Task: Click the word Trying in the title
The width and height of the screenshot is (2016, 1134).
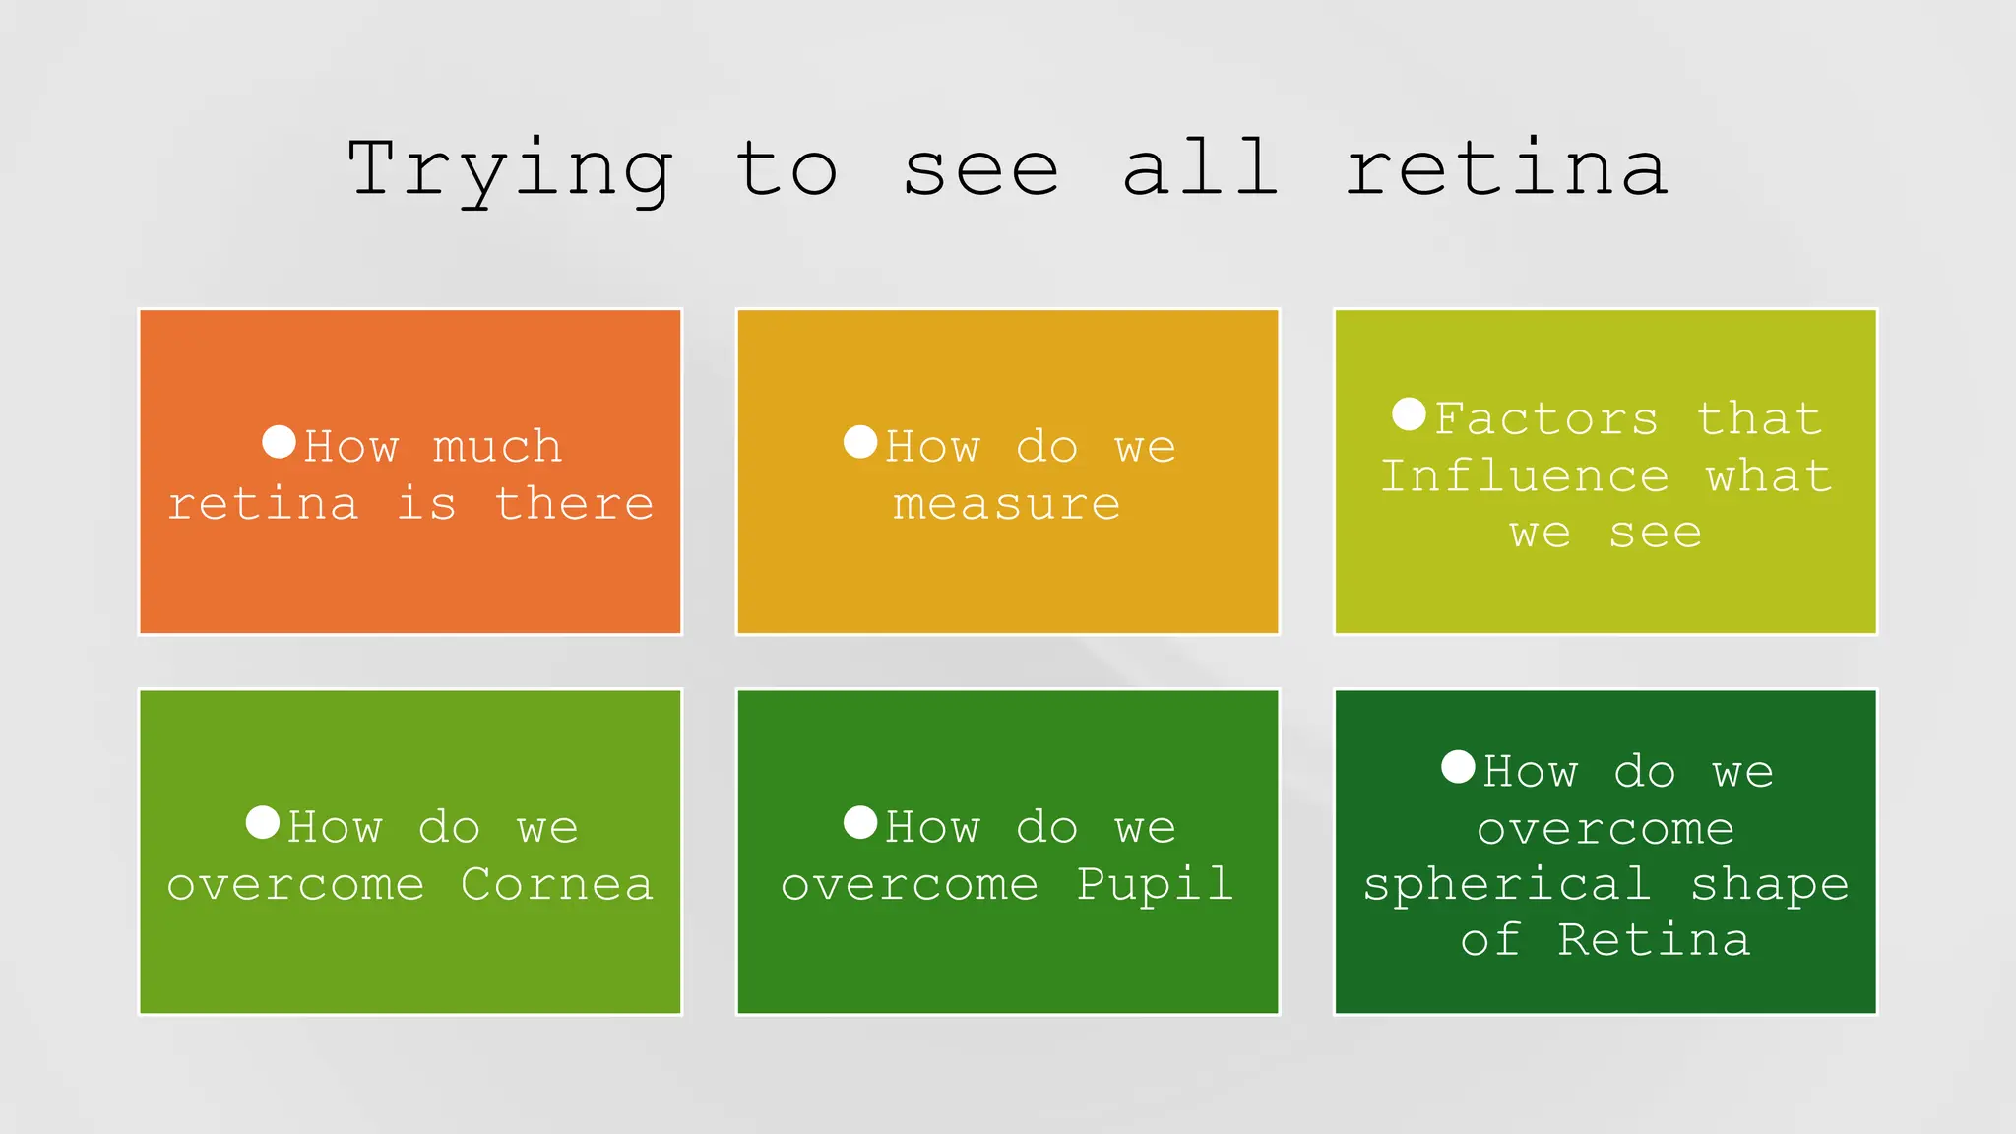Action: coord(510,170)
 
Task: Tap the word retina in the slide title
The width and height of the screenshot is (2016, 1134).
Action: coord(1506,168)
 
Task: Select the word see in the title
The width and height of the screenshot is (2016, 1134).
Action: coord(980,170)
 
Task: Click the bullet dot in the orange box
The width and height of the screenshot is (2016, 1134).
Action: coord(280,442)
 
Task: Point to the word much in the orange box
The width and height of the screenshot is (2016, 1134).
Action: coord(498,448)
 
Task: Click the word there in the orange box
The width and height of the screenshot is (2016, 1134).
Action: coord(574,504)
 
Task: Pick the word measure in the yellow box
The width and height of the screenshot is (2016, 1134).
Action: coord(1007,505)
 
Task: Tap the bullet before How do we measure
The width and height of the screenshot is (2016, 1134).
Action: coord(860,442)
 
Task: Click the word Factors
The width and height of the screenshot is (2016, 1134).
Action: coord(1546,419)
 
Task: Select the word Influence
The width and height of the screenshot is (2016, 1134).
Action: coord(1525,476)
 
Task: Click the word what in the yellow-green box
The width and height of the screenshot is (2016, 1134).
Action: coord(1769,476)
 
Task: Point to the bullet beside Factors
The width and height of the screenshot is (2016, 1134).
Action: coord(1410,414)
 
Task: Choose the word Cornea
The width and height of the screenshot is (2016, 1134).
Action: coord(556,884)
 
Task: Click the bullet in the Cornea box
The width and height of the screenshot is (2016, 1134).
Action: coord(263,822)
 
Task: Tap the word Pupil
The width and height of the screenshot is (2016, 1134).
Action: coord(1155,884)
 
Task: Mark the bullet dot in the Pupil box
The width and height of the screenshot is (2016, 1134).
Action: coord(860,822)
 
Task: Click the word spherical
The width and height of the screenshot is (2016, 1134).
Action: coord(1507,885)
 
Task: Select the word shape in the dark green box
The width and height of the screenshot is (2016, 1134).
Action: coord(1770,885)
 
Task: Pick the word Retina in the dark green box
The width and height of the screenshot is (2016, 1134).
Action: coord(1654,940)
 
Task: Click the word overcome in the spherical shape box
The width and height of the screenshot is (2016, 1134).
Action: coord(1606,829)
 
